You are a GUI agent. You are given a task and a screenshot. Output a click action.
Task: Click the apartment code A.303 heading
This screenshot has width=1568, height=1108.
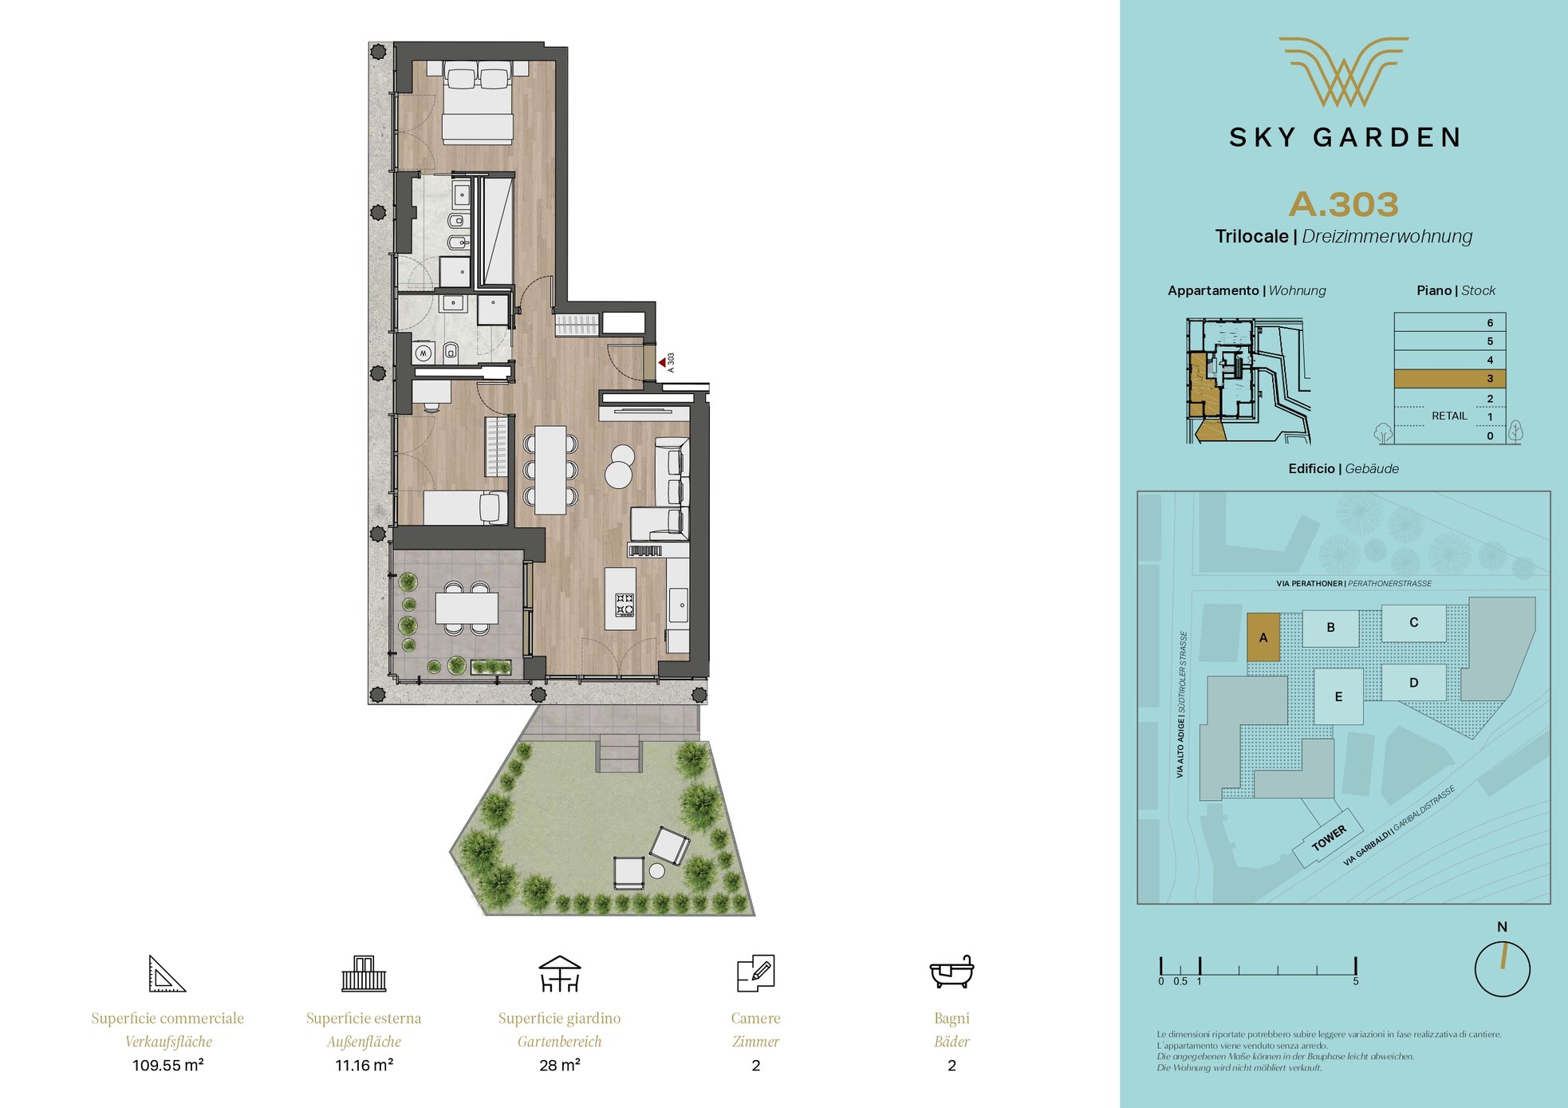[x=1344, y=204]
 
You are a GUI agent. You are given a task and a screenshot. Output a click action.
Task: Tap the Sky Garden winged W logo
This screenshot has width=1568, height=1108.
[x=1344, y=72]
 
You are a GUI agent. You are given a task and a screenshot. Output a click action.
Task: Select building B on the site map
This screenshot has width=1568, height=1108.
[x=1330, y=628]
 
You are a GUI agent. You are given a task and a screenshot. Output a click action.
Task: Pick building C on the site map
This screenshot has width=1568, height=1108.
[x=1413, y=622]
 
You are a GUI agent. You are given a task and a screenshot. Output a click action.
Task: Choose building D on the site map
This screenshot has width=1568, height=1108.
[x=1413, y=683]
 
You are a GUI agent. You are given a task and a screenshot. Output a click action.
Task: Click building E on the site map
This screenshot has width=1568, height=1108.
[x=1338, y=696]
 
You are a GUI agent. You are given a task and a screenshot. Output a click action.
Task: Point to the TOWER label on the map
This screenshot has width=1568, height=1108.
[x=1329, y=838]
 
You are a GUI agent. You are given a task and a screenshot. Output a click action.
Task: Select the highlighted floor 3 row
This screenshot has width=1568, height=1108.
[x=1450, y=379]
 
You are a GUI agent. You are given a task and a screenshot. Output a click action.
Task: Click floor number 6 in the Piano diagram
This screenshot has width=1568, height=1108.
[x=1490, y=323]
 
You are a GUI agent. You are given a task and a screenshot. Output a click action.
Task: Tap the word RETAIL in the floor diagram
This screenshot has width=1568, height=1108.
[x=1449, y=416]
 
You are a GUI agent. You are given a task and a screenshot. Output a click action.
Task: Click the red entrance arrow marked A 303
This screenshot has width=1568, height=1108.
[x=662, y=363]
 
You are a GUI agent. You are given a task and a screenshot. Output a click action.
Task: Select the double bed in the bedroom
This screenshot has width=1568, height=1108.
[x=478, y=102]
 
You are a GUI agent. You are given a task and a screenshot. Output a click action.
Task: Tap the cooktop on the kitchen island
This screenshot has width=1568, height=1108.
[x=624, y=605]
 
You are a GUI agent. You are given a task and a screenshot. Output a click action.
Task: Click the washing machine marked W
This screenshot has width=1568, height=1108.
[x=424, y=353]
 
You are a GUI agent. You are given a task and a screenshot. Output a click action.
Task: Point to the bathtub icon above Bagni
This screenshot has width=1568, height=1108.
[x=951, y=972]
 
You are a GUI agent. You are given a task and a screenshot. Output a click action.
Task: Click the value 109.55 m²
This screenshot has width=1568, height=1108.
[x=168, y=1065]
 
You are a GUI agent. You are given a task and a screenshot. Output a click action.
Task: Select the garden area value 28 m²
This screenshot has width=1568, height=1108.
[x=560, y=1065]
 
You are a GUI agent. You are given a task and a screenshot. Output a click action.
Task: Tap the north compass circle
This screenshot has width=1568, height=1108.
[x=1503, y=968]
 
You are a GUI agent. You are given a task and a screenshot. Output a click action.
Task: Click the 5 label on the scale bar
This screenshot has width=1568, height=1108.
[x=1355, y=981]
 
